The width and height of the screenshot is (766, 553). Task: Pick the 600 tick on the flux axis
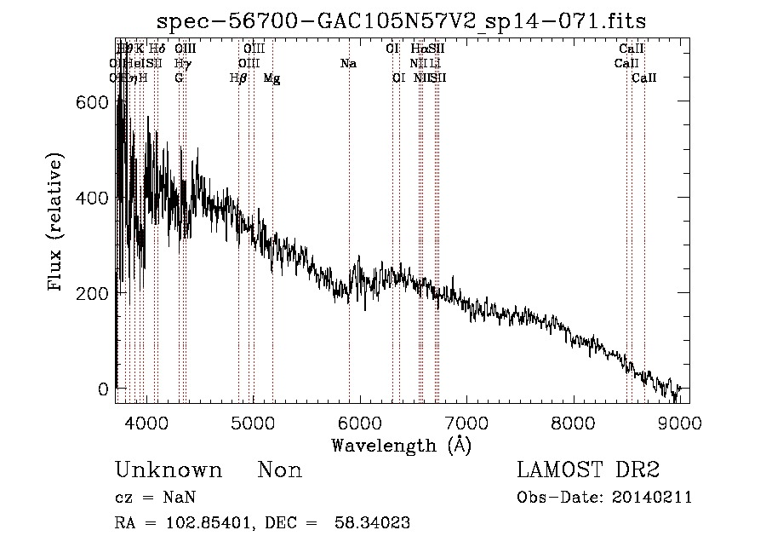point(93,102)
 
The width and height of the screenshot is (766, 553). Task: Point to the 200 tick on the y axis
point(93,293)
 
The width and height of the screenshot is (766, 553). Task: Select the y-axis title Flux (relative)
point(57,223)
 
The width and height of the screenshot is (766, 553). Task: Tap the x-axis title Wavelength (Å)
point(401,445)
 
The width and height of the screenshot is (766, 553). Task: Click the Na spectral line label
point(348,64)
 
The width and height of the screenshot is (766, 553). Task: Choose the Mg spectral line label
point(272,78)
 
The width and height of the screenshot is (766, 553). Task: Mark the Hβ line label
point(238,78)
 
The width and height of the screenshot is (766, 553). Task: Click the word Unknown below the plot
point(169,470)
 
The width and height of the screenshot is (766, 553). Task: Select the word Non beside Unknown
point(280,470)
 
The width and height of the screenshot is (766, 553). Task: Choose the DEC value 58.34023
point(374,523)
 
